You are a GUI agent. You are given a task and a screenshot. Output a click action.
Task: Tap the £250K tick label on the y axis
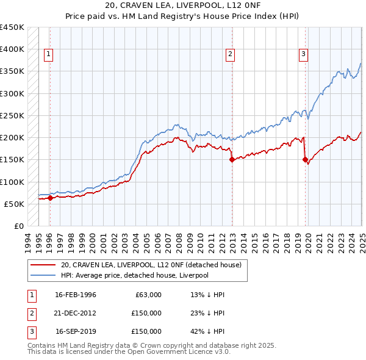(12, 115)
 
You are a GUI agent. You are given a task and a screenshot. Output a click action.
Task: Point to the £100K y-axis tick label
(12, 182)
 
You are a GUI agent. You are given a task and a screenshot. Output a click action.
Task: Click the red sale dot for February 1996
(50, 198)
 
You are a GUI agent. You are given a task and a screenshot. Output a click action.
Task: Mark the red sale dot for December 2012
(232, 160)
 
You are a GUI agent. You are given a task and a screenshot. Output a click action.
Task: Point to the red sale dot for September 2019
(305, 160)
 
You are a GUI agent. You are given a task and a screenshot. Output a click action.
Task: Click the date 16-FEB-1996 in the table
(76, 295)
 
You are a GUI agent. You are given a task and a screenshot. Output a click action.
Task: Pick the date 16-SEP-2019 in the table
(76, 331)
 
